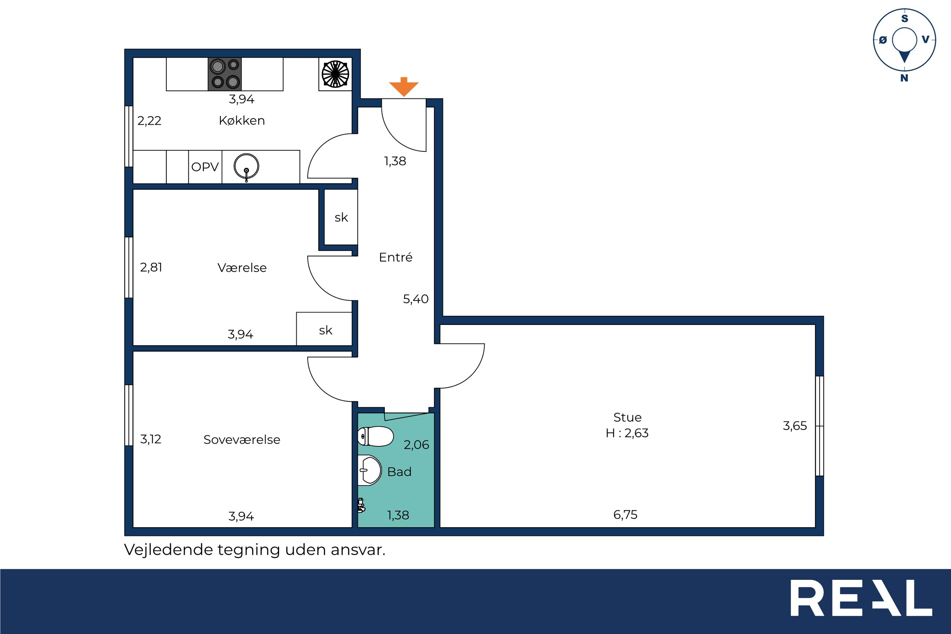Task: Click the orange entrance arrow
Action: pyautogui.click(x=404, y=87)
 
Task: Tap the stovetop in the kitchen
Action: pyautogui.click(x=225, y=74)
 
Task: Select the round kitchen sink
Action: pyautogui.click(x=246, y=166)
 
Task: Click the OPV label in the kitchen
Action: pyautogui.click(x=205, y=167)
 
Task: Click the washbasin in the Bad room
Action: pyautogui.click(x=370, y=470)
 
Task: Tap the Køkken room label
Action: pyautogui.click(x=242, y=120)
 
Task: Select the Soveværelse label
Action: pyautogui.click(x=242, y=439)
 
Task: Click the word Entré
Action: pyautogui.click(x=396, y=257)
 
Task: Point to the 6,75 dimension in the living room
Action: pyautogui.click(x=625, y=515)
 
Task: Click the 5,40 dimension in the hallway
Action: pyautogui.click(x=416, y=299)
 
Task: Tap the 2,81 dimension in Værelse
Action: pyautogui.click(x=151, y=267)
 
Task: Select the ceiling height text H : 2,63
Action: pyautogui.click(x=627, y=433)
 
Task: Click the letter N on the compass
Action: pyautogui.click(x=905, y=78)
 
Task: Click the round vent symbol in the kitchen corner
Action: pyautogui.click(x=335, y=74)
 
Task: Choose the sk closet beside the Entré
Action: pyautogui.click(x=341, y=218)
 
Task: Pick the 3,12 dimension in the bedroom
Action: pyautogui.click(x=151, y=439)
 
